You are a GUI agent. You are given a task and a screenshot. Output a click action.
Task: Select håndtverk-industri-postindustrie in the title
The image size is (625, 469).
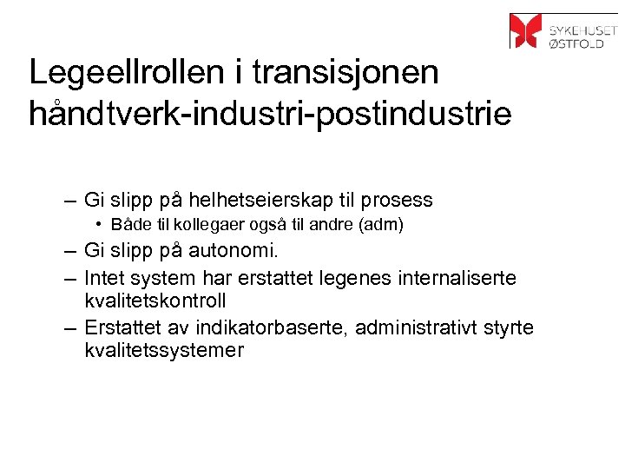click(270, 115)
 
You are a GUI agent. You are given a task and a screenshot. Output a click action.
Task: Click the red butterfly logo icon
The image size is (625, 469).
click(525, 30)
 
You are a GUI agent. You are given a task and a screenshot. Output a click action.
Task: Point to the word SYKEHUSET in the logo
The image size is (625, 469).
click(582, 23)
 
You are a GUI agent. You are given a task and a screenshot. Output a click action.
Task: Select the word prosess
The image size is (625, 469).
click(398, 201)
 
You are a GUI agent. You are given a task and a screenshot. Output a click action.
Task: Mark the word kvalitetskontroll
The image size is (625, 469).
click(155, 301)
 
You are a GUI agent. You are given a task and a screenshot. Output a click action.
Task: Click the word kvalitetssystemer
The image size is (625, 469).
click(164, 351)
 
